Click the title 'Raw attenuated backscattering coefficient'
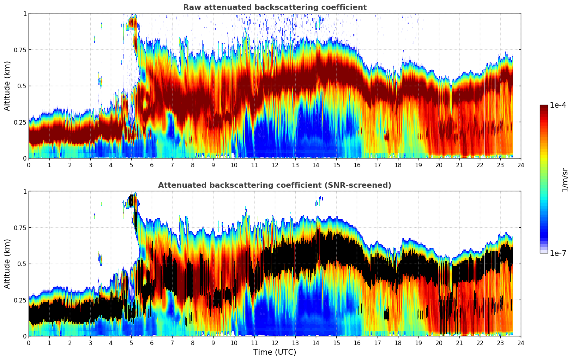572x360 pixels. [x=275, y=7]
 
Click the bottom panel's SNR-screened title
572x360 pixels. [x=275, y=185]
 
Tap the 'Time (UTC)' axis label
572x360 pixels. [x=275, y=352]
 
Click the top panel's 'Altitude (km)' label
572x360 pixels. [x=7, y=86]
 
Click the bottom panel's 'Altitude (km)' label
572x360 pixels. [x=7, y=264]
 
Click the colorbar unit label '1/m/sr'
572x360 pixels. [x=565, y=180]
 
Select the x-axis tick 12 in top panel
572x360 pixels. [x=275, y=165]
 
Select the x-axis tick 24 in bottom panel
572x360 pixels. [x=521, y=343]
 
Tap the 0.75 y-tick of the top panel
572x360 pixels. [x=20, y=50]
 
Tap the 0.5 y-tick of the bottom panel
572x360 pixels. [x=23, y=264]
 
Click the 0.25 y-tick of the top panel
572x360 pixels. [x=20, y=122]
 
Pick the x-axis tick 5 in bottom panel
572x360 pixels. [x=131, y=343]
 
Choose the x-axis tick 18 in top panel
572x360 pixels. [x=398, y=165]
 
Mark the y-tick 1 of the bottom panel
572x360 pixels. [x=25, y=192]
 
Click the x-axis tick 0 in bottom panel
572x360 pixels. [x=29, y=343]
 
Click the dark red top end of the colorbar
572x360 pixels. [x=544, y=107]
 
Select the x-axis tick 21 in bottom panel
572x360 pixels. [x=459, y=343]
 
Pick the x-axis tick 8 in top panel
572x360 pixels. [x=193, y=165]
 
